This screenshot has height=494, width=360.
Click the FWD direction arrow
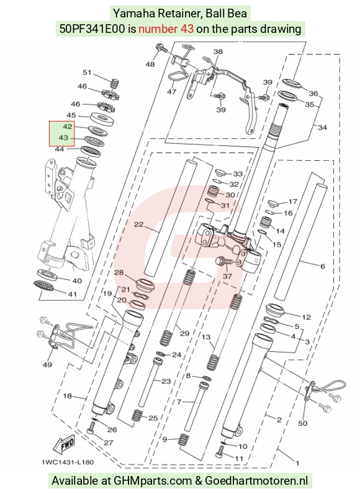(64, 445)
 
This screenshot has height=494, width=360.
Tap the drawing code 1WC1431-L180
(68, 462)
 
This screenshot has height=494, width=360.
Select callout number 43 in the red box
(64, 138)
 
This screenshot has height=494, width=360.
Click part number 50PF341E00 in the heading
(92, 29)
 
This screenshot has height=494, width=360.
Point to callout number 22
(138, 225)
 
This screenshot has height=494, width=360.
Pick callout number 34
(322, 128)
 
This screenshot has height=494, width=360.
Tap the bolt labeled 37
(225, 261)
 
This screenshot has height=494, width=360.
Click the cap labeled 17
(273, 203)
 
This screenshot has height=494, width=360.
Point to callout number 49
(47, 364)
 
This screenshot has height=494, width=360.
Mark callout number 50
(303, 423)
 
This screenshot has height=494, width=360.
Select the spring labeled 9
(183, 439)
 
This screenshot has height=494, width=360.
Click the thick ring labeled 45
(102, 119)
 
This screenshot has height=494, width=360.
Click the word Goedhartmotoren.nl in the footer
(257, 481)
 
